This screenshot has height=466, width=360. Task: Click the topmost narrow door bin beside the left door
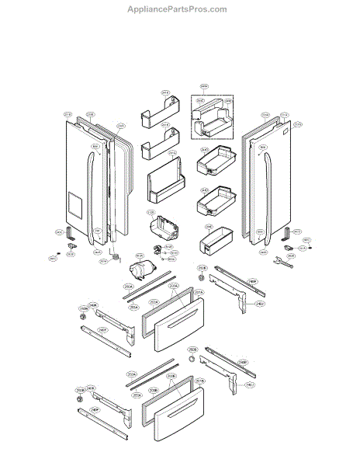click(x=154, y=115)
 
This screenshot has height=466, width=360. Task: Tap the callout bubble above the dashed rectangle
click(x=205, y=86)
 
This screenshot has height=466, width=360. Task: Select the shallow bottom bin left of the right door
click(x=215, y=242)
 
